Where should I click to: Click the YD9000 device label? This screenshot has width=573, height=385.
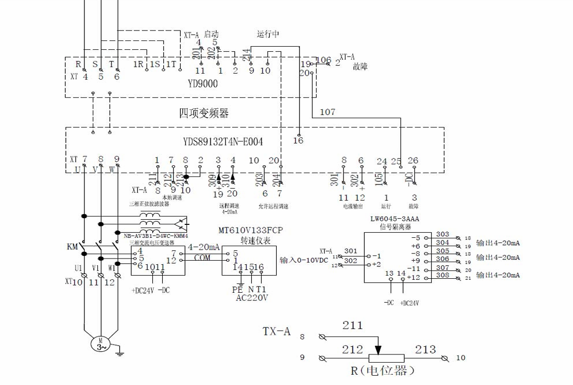(203, 83)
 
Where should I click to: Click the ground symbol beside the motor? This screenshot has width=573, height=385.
(119, 354)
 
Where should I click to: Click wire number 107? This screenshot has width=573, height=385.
(327, 111)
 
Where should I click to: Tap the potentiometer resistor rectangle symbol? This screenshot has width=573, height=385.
(386, 358)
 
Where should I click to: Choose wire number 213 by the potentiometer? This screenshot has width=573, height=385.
(425, 350)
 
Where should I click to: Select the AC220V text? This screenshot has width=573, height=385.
(252, 298)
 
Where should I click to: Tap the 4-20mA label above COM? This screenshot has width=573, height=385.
(204, 247)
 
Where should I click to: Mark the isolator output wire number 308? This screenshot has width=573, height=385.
(442, 275)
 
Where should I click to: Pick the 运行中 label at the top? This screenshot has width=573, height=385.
(268, 35)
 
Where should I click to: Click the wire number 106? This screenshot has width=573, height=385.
(323, 61)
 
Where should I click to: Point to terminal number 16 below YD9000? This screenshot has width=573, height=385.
(298, 140)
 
